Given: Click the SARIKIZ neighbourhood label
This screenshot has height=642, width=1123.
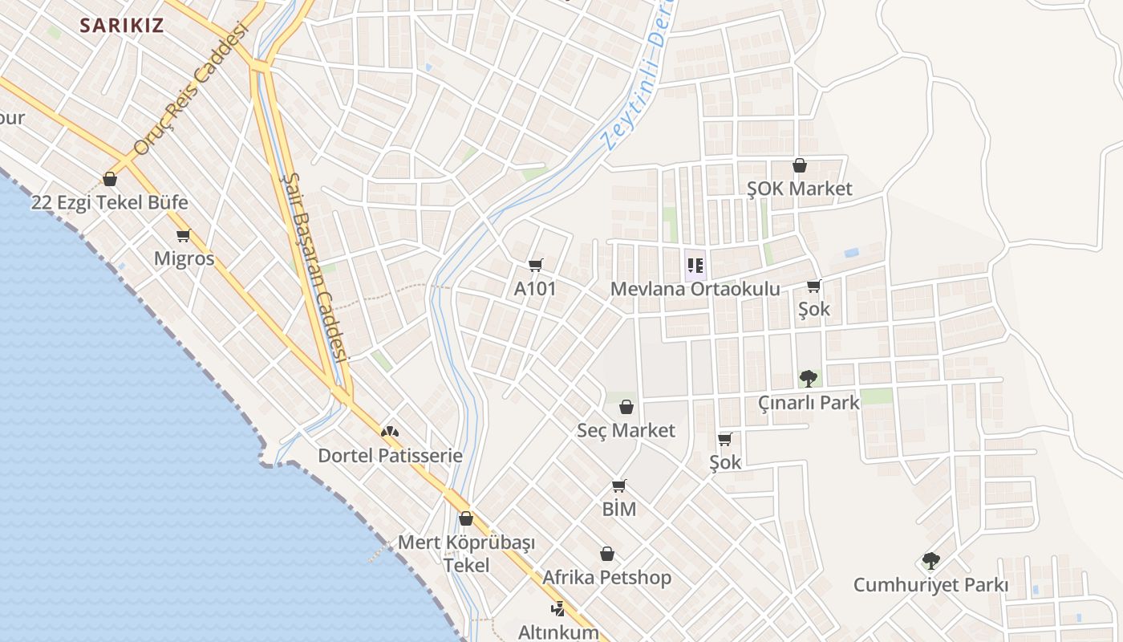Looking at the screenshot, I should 122,25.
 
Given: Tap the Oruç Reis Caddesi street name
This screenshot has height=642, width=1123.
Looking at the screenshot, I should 190,87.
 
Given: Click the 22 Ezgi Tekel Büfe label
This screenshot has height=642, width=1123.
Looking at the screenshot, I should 109,201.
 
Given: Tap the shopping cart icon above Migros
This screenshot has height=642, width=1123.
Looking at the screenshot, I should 184,236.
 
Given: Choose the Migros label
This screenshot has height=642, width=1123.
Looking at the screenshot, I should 184,258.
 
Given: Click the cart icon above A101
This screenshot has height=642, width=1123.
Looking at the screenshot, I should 535,265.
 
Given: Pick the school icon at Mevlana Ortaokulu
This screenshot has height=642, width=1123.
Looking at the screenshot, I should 695,265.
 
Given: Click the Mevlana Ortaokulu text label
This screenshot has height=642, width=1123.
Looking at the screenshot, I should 695,288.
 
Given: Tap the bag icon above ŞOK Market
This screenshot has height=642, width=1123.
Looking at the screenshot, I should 800,166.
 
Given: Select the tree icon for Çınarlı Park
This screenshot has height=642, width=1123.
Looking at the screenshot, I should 809,378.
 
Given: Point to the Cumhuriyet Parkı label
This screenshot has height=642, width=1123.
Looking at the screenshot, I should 930,584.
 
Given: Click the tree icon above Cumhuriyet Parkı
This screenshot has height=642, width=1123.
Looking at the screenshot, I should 930,560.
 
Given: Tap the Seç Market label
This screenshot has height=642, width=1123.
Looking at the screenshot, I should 626,430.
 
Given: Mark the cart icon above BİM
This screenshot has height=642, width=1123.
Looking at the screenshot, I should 618,486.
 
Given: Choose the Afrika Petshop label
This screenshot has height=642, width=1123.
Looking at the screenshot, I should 607,577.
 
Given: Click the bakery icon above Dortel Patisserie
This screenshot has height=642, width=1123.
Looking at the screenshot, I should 390,432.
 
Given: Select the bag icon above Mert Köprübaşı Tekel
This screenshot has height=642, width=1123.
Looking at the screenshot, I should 466,519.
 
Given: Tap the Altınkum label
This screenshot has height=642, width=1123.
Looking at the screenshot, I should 558,632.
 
